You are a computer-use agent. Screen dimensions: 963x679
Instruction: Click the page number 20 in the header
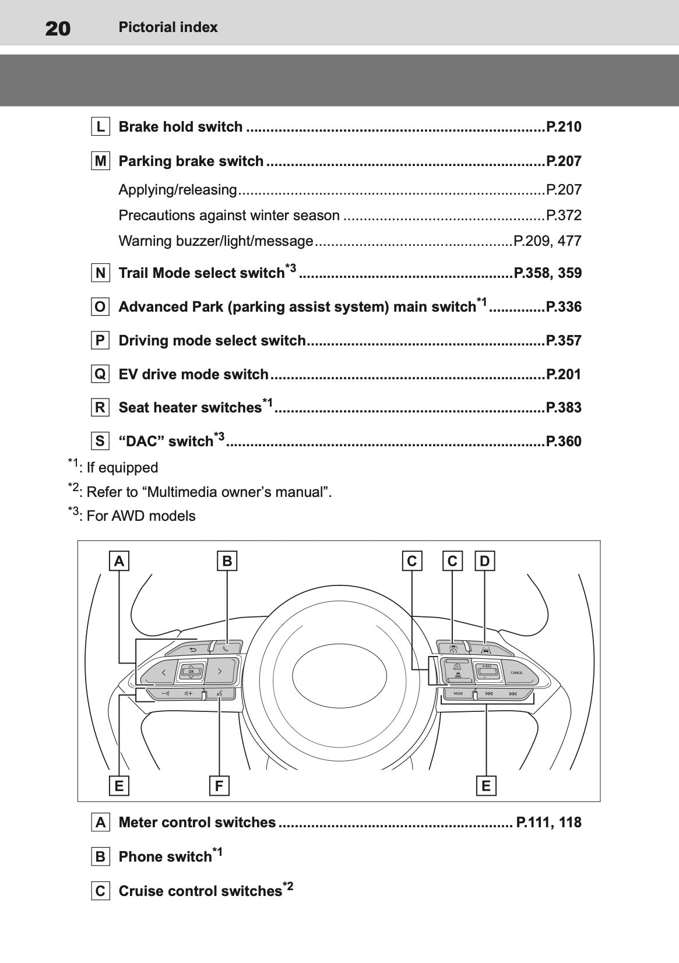click(x=58, y=27)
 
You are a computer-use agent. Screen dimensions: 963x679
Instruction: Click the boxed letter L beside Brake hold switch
click(x=100, y=126)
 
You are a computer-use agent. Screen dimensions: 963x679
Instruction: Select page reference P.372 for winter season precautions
click(x=563, y=215)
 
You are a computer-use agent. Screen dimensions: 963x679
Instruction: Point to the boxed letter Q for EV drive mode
click(x=100, y=374)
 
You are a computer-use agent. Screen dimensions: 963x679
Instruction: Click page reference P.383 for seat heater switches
click(x=563, y=407)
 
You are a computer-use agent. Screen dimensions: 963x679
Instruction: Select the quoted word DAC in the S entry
click(x=143, y=442)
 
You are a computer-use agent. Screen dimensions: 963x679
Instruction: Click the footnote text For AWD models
click(x=140, y=516)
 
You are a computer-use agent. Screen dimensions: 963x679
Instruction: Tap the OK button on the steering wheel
click(x=191, y=671)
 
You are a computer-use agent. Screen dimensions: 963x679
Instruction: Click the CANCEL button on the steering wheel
click(x=516, y=672)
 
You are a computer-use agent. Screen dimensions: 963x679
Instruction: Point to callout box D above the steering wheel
click(x=484, y=561)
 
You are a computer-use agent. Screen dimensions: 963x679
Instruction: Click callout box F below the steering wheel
click(x=219, y=786)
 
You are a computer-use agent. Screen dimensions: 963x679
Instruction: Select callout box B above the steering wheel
click(x=227, y=561)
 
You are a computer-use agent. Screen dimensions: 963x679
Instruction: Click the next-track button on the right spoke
click(x=512, y=694)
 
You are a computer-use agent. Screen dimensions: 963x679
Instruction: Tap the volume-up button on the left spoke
click(x=188, y=693)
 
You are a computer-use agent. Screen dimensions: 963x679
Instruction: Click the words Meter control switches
click(x=197, y=822)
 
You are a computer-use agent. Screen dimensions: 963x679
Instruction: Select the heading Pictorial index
click(x=168, y=27)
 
